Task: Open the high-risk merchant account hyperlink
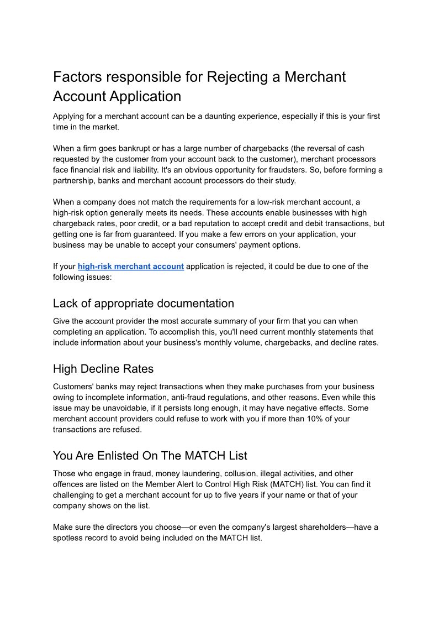(x=131, y=267)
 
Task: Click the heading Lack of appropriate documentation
(x=144, y=304)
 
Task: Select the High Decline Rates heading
(x=103, y=368)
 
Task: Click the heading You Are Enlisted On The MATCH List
(x=150, y=456)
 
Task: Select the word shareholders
(x=322, y=528)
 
